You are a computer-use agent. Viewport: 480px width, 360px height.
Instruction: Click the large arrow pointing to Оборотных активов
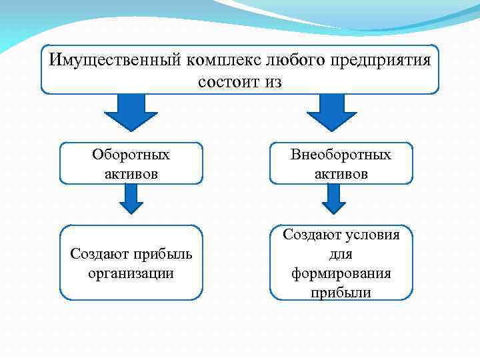[x=131, y=111]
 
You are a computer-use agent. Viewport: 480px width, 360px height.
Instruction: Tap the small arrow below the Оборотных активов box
[x=131, y=198]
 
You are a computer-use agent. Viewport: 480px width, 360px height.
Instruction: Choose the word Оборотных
[x=131, y=155]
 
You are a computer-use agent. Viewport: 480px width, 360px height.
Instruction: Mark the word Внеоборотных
[x=341, y=155]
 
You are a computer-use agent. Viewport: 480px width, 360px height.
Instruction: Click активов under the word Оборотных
[x=131, y=173]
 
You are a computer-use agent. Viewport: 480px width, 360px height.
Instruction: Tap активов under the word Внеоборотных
[x=341, y=173]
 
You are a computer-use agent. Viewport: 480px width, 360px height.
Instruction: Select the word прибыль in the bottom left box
[x=161, y=254]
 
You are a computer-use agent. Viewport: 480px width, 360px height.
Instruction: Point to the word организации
[x=131, y=273]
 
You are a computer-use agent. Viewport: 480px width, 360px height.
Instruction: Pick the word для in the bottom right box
[x=341, y=254]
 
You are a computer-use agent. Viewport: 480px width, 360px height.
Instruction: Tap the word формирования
[x=341, y=273]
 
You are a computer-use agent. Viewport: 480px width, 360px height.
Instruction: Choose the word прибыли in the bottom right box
[x=341, y=292]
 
